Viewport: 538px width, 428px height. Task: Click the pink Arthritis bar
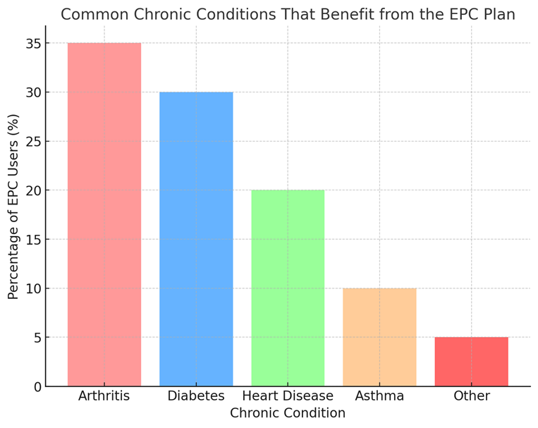click(x=104, y=214)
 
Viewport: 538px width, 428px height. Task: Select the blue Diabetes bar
click(x=196, y=239)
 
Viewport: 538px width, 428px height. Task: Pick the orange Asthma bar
click(x=379, y=337)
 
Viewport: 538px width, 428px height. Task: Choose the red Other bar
click(x=471, y=361)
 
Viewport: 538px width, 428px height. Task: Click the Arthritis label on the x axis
click(x=104, y=396)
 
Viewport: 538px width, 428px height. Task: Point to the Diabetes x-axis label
click(x=196, y=396)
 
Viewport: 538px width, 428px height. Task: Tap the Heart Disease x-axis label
click(x=288, y=396)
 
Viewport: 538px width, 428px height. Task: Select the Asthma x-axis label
click(x=379, y=396)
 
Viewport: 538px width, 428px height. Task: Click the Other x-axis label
click(x=471, y=396)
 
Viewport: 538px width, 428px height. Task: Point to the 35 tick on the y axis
click(x=32, y=44)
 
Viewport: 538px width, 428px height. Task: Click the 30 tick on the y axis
click(x=32, y=92)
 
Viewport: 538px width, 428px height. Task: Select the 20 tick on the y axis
click(x=32, y=190)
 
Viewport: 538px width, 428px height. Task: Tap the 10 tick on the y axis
click(x=32, y=288)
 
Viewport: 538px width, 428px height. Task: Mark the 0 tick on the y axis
click(x=37, y=386)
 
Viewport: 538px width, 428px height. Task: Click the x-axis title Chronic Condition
click(x=288, y=413)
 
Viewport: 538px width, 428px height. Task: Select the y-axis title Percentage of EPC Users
click(x=13, y=206)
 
